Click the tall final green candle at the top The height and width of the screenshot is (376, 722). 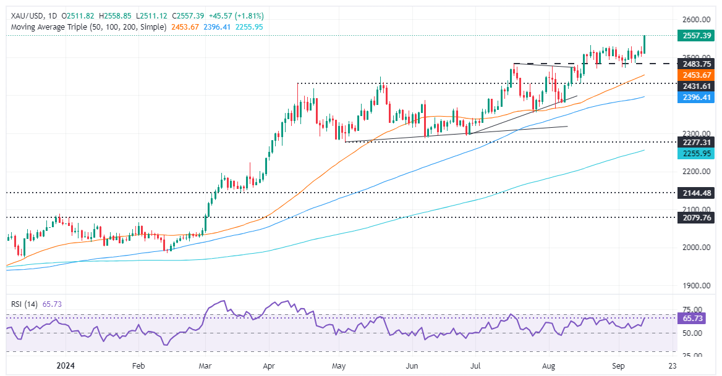tap(644, 44)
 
